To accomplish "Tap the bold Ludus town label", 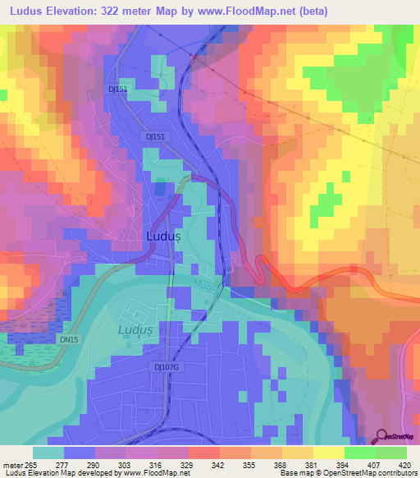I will click(x=162, y=236).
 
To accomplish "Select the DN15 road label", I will click(x=69, y=339).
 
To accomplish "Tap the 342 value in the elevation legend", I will click(x=218, y=464).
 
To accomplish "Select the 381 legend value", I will click(x=312, y=464).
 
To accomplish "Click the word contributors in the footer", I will click(x=391, y=474).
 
